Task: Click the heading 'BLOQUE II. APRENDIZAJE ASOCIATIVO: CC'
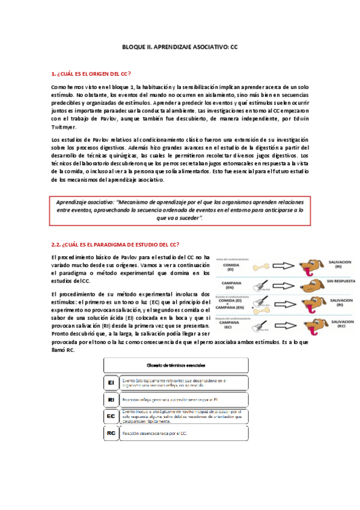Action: [x=180, y=46]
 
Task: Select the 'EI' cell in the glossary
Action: [x=111, y=382]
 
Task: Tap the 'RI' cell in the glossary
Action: [x=111, y=399]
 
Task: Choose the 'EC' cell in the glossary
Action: [x=111, y=416]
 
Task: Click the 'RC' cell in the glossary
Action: [x=111, y=432]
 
